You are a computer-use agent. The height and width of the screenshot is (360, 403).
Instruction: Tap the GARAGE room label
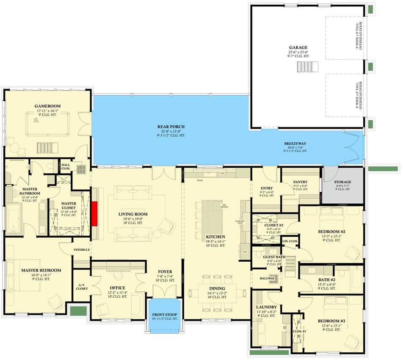pos(298,48)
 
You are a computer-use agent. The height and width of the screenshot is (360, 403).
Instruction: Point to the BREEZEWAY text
pos(295,144)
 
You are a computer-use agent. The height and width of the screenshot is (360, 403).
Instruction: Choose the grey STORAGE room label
pos(342,182)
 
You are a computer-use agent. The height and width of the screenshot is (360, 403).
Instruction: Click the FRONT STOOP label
pos(165,315)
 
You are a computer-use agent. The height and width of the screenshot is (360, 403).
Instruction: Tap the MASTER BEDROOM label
pos(41,270)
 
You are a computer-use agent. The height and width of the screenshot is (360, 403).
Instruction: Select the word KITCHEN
pos(215,237)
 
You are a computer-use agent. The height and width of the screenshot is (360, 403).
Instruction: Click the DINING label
pos(217,288)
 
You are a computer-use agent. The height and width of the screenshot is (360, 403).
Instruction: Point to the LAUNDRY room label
pos(266,307)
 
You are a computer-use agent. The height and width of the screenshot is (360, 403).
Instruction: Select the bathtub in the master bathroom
pos(14,218)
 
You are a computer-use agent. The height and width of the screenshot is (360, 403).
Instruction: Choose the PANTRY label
pos(300,182)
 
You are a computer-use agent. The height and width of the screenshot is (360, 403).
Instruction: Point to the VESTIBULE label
pos(81,250)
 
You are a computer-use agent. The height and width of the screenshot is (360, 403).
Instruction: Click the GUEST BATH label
pos(274,257)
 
